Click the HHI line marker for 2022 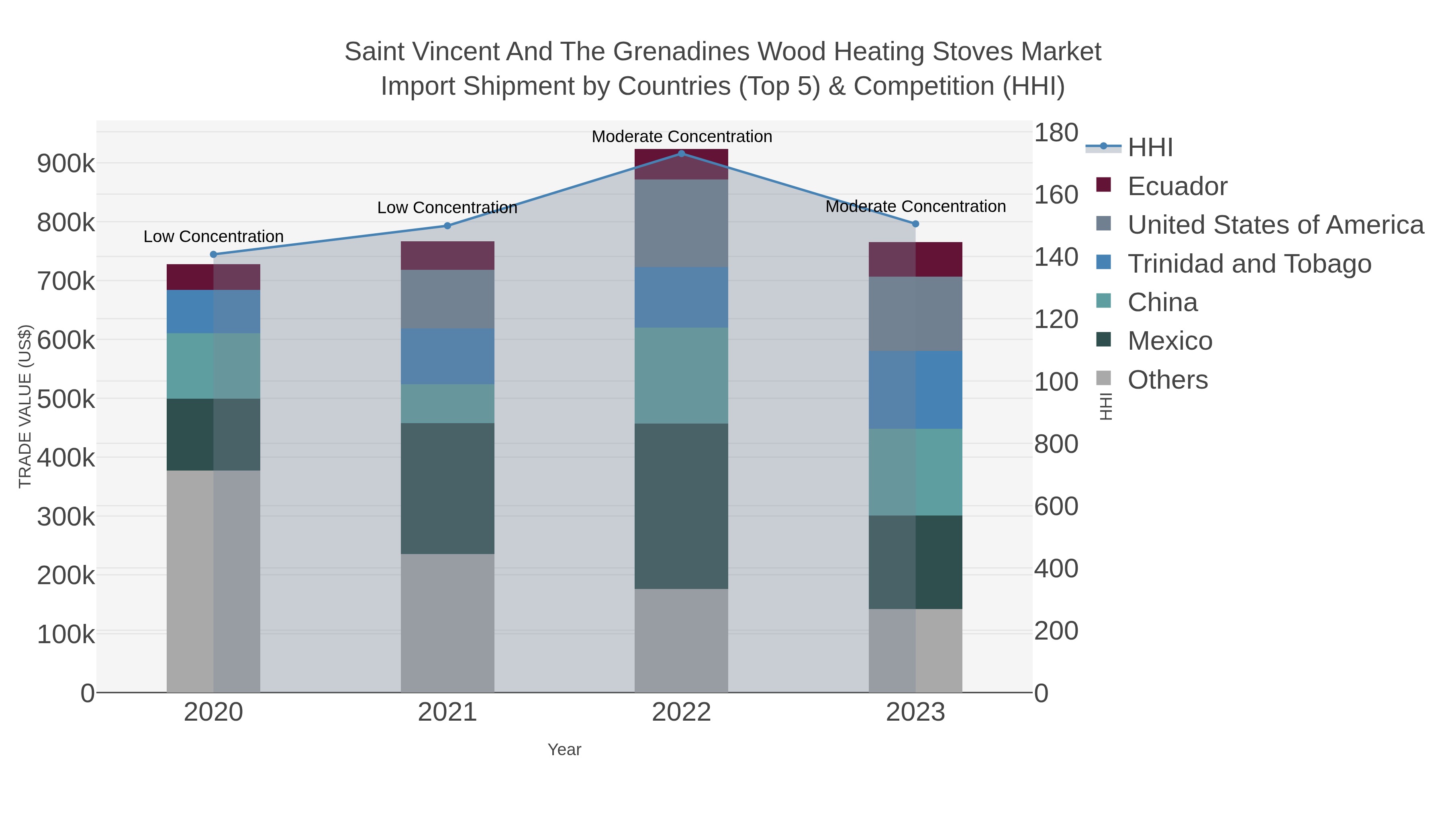(682, 153)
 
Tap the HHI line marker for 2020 (213, 254)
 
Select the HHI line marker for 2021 (447, 226)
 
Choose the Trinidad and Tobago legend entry (1249, 264)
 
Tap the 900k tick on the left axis (66, 164)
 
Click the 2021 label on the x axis (447, 712)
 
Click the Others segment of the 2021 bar (447, 623)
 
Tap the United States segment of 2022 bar (682, 223)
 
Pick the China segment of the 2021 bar (447, 403)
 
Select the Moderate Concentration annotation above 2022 (682, 137)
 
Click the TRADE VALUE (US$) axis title (25, 406)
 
